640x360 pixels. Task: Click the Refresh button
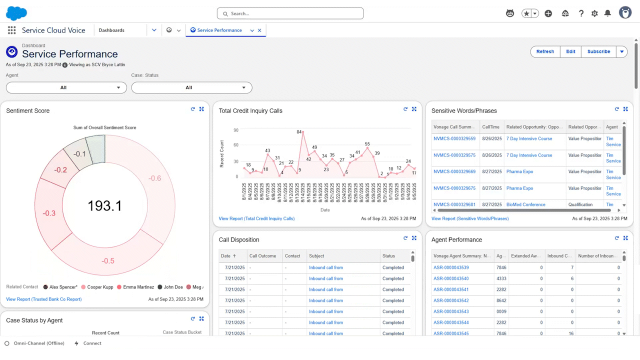coord(545,51)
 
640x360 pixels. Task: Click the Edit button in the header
coord(570,51)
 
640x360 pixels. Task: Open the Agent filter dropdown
coord(66,87)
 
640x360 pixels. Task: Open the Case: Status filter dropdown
coord(191,87)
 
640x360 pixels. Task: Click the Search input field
coord(290,13)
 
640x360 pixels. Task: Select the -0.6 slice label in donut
coord(155,178)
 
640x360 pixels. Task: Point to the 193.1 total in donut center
coord(104,205)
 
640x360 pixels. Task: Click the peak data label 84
coord(299,132)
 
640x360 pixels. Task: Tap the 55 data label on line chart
coord(367,144)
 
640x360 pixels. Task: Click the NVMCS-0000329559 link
coord(454,139)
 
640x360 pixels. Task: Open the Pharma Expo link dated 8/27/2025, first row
coord(519,172)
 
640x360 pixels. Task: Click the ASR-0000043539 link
coord(451,268)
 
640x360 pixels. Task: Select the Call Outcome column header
coord(262,256)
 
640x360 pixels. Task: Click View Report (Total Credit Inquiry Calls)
coord(256,218)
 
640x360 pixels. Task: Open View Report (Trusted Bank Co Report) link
coord(44,299)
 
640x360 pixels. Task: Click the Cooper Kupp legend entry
coord(100,287)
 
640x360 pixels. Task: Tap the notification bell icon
coord(607,13)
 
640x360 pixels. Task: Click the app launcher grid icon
coord(11,30)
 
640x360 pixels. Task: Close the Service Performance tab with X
coord(259,30)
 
